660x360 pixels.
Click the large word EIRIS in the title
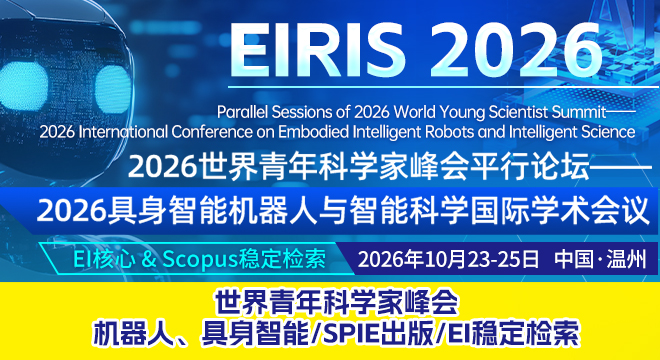(317, 48)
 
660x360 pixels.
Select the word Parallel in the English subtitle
(242, 112)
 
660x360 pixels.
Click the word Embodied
(308, 132)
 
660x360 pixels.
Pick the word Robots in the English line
(451, 132)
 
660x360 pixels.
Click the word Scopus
(199, 260)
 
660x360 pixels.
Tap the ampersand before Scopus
(148, 259)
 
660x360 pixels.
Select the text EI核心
(104, 259)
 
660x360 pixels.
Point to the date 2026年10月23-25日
(448, 259)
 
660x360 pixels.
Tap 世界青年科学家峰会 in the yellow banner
(336, 303)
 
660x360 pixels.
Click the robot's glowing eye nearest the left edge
(23, 85)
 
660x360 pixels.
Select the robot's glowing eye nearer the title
(113, 89)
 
